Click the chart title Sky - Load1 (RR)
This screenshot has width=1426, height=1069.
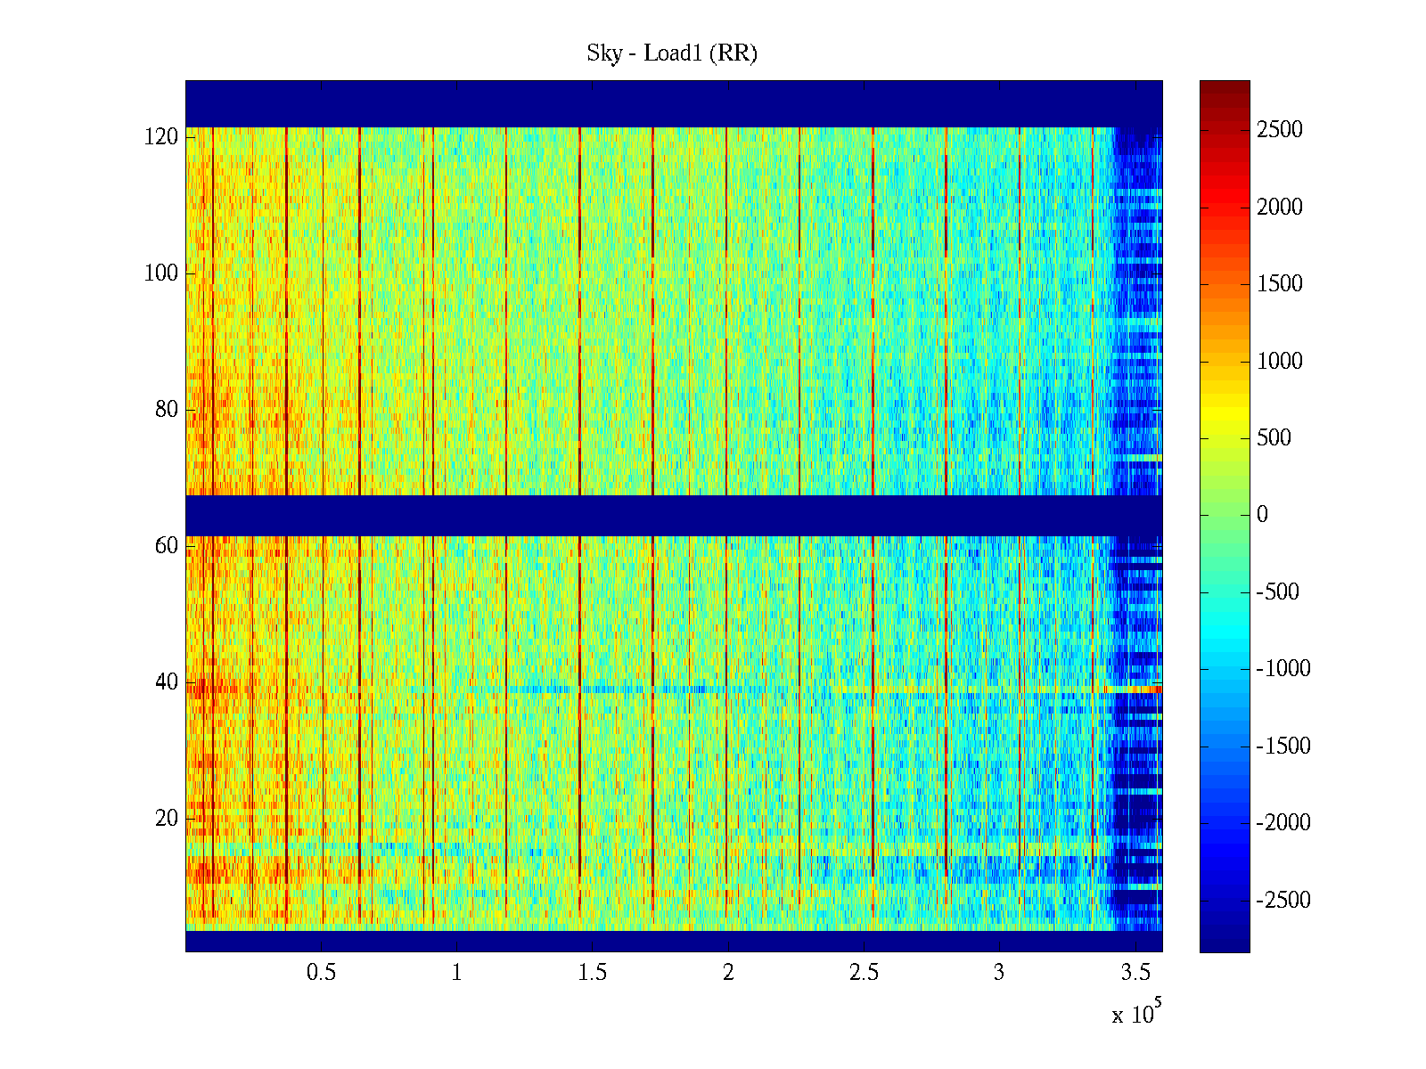point(672,53)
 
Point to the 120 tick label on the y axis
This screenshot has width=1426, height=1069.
point(161,137)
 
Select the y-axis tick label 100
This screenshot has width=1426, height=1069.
point(161,273)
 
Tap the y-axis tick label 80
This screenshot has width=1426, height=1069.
point(167,410)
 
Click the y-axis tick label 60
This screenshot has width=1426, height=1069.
point(167,546)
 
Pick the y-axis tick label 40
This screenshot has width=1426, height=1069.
point(167,682)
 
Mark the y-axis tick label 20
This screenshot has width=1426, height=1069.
point(167,819)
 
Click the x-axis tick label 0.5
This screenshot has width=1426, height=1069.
point(321,973)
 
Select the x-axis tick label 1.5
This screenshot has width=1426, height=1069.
point(592,973)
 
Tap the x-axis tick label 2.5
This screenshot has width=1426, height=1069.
point(864,973)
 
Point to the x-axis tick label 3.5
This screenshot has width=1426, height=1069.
point(1135,973)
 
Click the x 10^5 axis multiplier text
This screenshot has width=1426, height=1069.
point(1136,1014)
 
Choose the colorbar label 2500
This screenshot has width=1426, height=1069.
point(1280,130)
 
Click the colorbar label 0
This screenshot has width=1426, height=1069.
point(1262,515)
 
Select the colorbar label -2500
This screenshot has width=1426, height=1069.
point(1283,901)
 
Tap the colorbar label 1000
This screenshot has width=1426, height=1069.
point(1280,361)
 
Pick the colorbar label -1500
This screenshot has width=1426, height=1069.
point(1283,747)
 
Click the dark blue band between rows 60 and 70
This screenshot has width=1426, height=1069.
point(674,516)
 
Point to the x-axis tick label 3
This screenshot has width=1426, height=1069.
point(999,973)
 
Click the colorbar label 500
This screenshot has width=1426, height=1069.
point(1274,438)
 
